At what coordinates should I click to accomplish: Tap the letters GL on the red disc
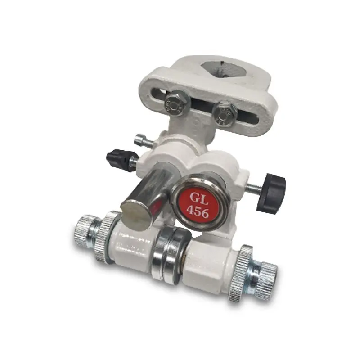coord(199,198)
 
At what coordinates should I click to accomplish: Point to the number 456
coord(198,211)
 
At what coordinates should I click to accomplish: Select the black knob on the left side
coord(117,159)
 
